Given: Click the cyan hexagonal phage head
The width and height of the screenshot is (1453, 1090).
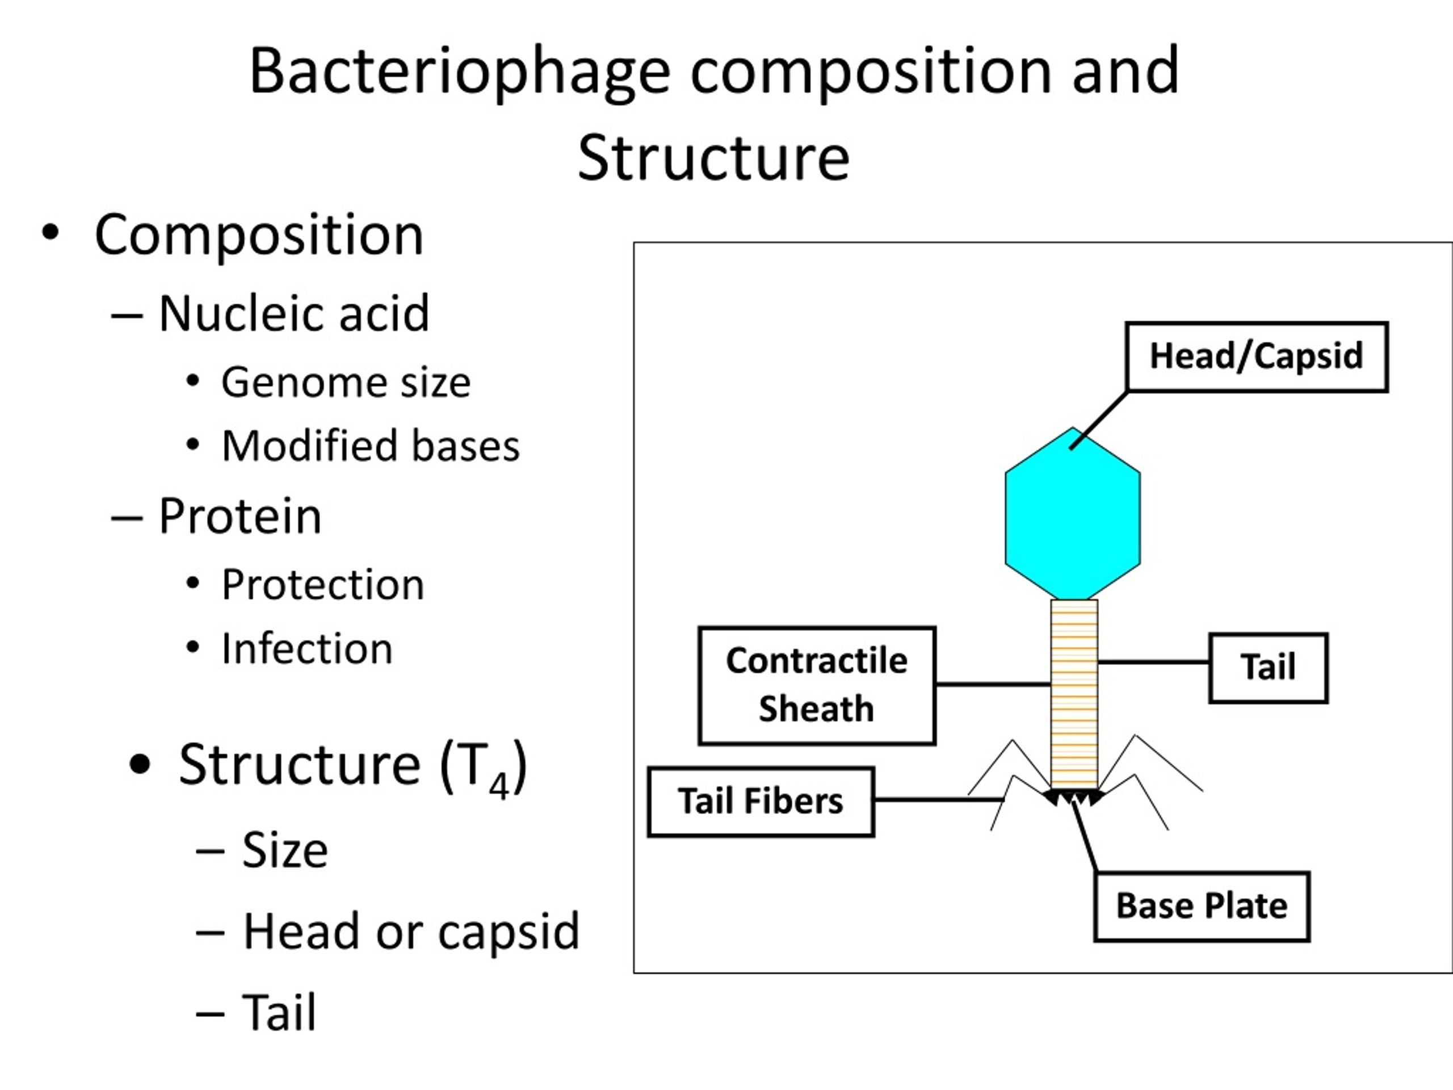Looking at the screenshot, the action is point(1073,514).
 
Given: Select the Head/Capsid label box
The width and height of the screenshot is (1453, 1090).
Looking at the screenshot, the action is point(1257,357).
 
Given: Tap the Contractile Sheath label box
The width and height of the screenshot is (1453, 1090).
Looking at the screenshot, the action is point(817,685).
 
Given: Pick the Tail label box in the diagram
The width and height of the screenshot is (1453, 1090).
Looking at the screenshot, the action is point(1269,668).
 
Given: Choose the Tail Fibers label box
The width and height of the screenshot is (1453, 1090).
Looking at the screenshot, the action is point(761,802).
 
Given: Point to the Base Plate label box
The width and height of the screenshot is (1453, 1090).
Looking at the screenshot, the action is point(1202,907).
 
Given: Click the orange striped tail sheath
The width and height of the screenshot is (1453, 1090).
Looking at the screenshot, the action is point(1074,694).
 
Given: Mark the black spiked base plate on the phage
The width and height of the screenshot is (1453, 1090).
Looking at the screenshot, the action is point(1074,797).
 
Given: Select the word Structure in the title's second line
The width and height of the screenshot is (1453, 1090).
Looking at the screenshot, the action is point(714,158).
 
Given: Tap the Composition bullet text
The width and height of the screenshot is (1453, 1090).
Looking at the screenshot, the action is point(259,235).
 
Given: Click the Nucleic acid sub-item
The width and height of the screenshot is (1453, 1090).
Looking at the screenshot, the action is point(293,313).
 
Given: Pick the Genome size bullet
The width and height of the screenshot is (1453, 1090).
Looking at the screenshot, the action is point(346,383).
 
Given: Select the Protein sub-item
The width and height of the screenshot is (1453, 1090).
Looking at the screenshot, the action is point(241,517).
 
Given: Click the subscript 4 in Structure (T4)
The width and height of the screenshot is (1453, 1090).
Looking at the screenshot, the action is point(499,785).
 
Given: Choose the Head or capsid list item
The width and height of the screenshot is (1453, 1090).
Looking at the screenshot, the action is point(411,932).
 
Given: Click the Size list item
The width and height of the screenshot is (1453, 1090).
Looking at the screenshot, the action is point(285,850).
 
